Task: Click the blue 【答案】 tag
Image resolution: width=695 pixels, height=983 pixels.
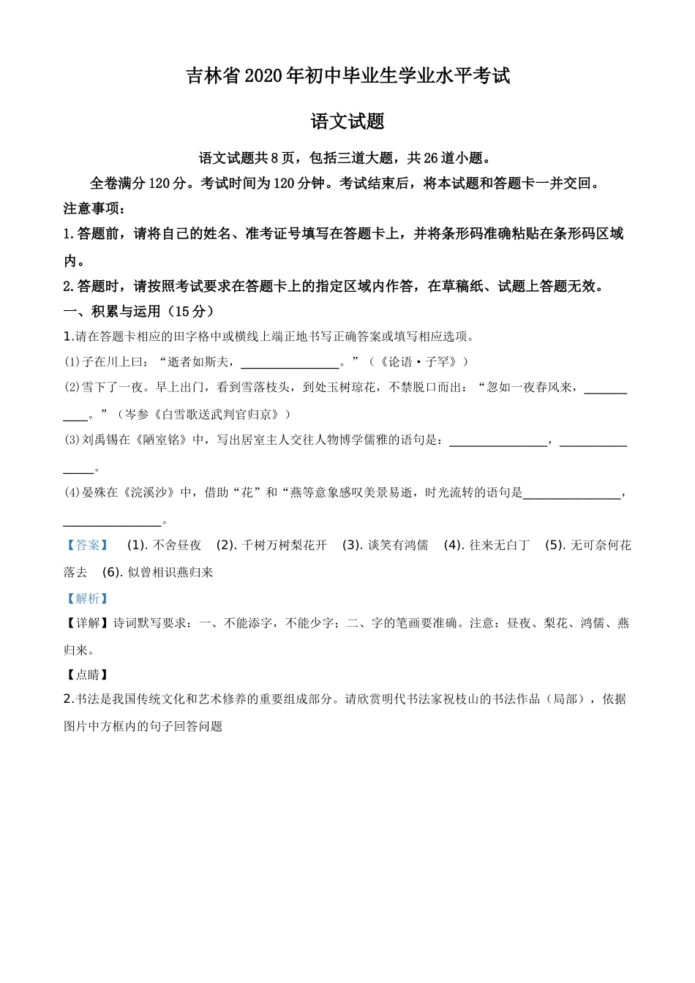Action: tap(87, 545)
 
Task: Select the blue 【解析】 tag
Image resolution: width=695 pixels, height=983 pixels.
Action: tap(87, 598)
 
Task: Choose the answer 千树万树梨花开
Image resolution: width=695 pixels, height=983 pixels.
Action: tap(284, 545)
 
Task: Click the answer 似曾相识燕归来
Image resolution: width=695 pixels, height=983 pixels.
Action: tap(170, 572)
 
